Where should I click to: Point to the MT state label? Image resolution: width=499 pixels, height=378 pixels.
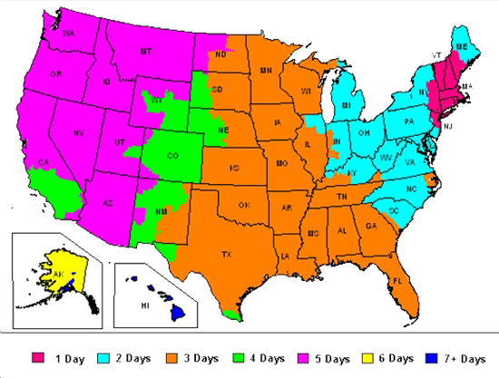(x=144, y=53)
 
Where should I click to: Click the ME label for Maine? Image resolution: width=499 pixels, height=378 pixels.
(x=462, y=45)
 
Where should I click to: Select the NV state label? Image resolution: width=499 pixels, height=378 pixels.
(x=79, y=133)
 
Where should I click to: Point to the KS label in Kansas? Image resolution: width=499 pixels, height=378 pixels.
(x=236, y=168)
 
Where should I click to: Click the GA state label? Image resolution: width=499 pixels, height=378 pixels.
(x=372, y=226)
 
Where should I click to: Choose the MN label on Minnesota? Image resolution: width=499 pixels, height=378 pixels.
(x=266, y=69)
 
